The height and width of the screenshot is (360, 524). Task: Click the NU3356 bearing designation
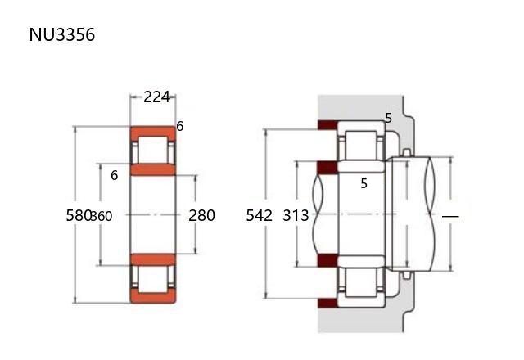(62, 34)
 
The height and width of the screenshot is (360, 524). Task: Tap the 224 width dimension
(156, 97)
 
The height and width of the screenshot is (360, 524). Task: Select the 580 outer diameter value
(79, 215)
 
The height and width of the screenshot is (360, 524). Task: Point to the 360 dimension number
(102, 216)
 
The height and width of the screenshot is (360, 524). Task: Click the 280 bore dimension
(201, 215)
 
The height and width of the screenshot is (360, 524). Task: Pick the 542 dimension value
(259, 215)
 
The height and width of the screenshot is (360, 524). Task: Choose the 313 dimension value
(296, 215)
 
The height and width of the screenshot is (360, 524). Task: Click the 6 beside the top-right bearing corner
(180, 126)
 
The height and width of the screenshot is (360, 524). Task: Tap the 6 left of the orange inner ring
(115, 175)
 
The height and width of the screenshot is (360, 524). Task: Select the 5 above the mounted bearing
(388, 118)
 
